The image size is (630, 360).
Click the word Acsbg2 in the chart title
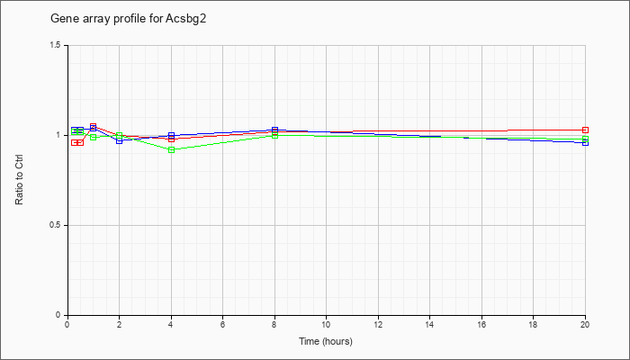click(185, 19)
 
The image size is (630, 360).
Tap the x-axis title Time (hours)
click(326, 341)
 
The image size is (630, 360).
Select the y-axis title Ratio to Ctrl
click(19, 181)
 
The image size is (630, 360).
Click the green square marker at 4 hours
click(172, 150)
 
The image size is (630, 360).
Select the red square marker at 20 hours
click(585, 130)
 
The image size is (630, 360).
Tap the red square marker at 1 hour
click(94, 127)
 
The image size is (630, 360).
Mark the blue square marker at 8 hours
click(274, 130)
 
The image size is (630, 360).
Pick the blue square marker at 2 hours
click(120, 140)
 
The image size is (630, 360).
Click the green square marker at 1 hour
click(94, 137)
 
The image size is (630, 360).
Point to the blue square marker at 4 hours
click(172, 135)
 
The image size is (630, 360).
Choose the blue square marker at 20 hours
click(585, 142)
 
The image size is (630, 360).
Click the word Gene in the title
click(60, 19)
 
